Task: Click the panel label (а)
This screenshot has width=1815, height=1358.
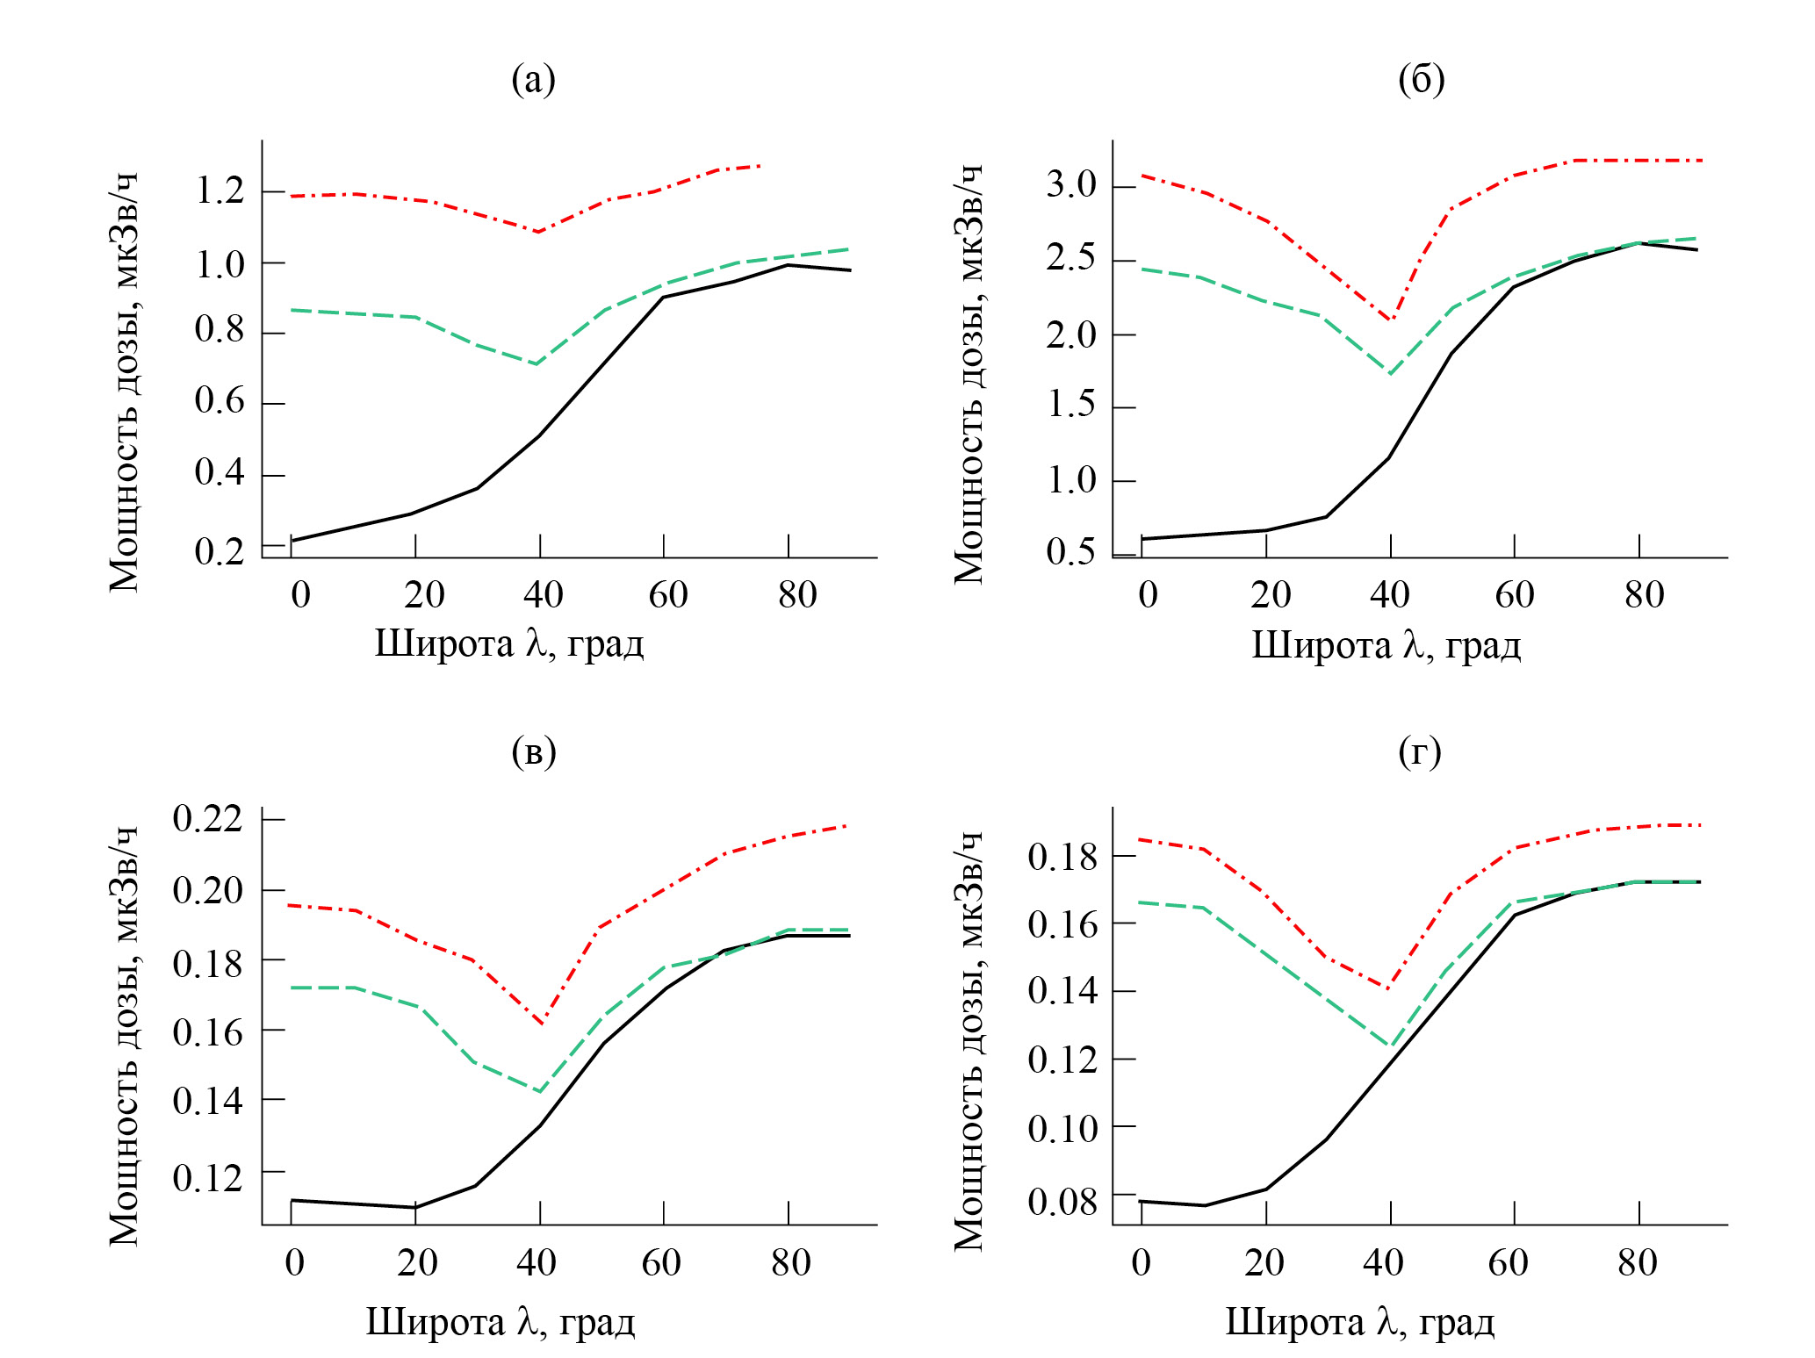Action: pyautogui.click(x=533, y=80)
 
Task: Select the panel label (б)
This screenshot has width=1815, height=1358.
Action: pyautogui.click(x=1421, y=80)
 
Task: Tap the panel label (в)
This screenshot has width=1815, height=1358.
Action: pyautogui.click(x=533, y=752)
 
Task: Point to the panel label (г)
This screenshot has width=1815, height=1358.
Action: pyautogui.click(x=1419, y=752)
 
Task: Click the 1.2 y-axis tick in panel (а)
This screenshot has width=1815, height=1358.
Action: pyautogui.click(x=220, y=190)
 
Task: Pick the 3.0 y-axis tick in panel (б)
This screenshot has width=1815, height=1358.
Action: pyautogui.click(x=1071, y=185)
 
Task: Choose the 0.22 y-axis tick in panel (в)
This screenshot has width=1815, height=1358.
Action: pyautogui.click(x=207, y=819)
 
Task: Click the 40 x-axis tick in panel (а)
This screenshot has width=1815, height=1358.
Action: pyautogui.click(x=543, y=595)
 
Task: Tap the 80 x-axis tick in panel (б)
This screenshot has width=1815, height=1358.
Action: pyautogui.click(x=1644, y=595)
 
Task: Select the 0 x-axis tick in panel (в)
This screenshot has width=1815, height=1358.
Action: pyautogui.click(x=295, y=1263)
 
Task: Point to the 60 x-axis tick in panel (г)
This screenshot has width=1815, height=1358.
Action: pyautogui.click(x=1508, y=1263)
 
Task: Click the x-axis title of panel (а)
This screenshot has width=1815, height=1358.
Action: pyautogui.click(x=509, y=643)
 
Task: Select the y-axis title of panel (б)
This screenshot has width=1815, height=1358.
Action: pyautogui.click(x=969, y=373)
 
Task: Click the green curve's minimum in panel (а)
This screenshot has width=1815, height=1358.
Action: pyautogui.click(x=537, y=363)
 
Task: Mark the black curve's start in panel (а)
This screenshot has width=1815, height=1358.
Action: pyautogui.click(x=292, y=541)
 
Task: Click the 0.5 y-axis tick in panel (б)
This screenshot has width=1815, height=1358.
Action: pyautogui.click(x=1071, y=552)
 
